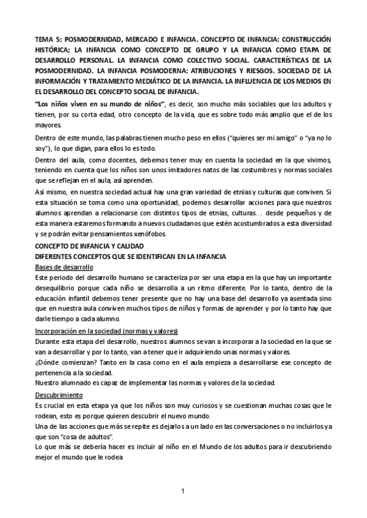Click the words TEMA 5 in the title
point(46,39)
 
